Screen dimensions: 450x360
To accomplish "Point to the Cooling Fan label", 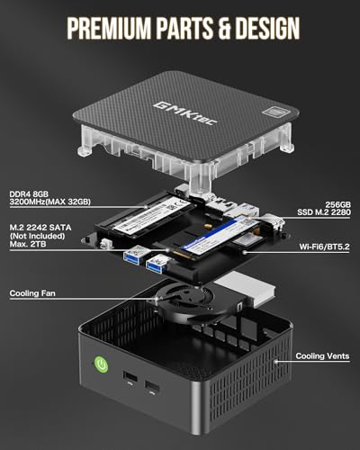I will coord(37,293).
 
